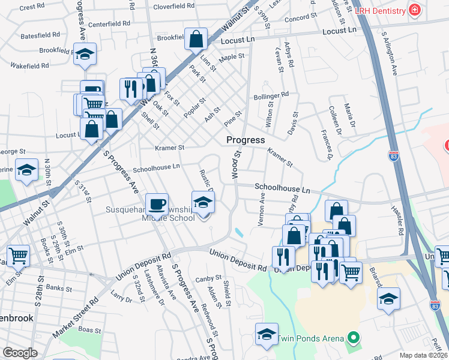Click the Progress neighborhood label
(246, 140)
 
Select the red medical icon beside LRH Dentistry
(414, 10)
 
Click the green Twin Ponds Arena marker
(354, 338)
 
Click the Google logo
(20, 353)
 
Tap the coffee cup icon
(157, 204)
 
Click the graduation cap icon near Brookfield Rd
(85, 55)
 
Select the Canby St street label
(209, 278)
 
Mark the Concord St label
(296, 19)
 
